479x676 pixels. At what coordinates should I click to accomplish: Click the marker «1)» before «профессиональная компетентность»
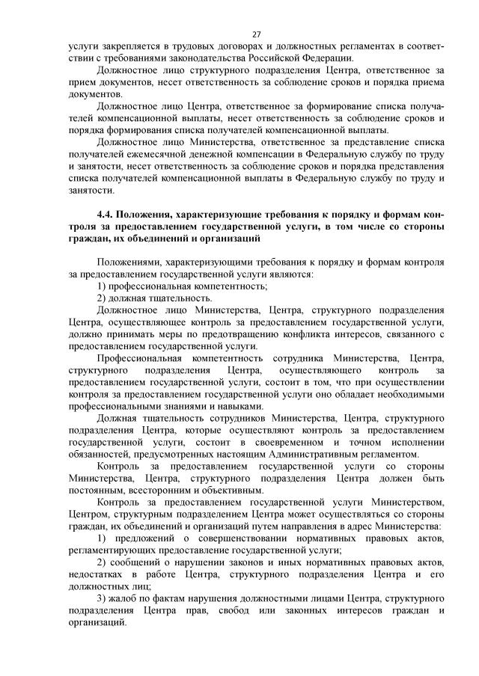coord(103,286)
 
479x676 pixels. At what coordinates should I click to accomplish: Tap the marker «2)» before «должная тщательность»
coord(103,298)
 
